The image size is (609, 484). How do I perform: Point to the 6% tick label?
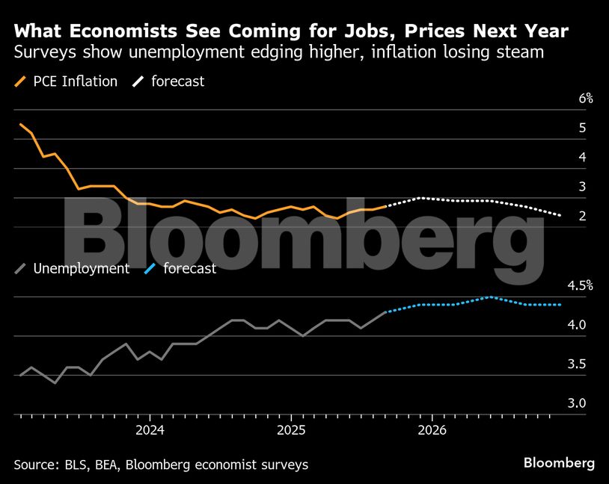coord(585,99)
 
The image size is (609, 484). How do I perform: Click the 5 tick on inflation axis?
coord(582,128)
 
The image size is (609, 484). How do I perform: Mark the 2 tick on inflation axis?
coord(582,216)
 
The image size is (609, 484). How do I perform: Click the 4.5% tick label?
coord(580,286)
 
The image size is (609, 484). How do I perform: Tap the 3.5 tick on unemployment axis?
coord(578,364)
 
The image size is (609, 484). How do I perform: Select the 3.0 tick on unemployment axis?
coord(578,403)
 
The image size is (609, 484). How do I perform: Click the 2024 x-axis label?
coord(150,430)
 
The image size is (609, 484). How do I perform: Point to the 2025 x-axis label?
coord(291,430)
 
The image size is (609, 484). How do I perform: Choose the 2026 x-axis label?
coord(432,430)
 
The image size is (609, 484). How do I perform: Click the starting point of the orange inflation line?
coord(20,124)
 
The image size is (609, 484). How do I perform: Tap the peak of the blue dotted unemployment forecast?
coord(489,297)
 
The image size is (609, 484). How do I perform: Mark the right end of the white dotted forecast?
coord(560,215)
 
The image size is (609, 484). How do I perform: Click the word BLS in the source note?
coord(72,465)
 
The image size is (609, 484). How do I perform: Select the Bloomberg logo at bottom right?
coord(559,463)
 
